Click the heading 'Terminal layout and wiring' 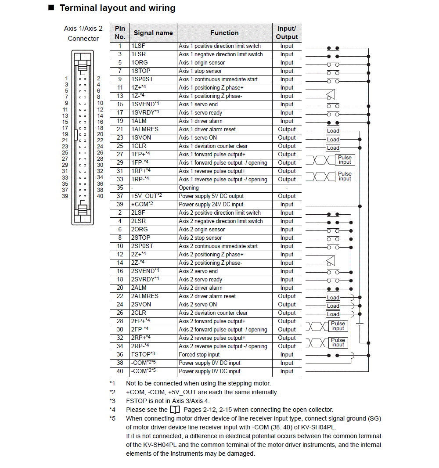pyautogui.click(x=117, y=8)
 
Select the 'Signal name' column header pyautogui.click(x=153, y=33)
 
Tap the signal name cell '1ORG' pyautogui.click(x=140, y=63)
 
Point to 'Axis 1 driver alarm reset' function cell pyautogui.click(x=207, y=130)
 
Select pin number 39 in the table pyautogui.click(x=120, y=205)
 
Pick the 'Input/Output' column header pyautogui.click(x=287, y=33)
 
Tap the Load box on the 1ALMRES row pyautogui.click(x=333, y=131)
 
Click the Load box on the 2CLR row pyautogui.click(x=333, y=314)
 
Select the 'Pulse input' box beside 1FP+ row pyautogui.click(x=345, y=160)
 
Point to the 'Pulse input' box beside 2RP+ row pyautogui.click(x=338, y=342)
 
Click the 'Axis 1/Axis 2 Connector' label pyautogui.click(x=83, y=33)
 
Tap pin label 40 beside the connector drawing pyautogui.click(x=100, y=196)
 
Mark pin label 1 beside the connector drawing pyautogui.click(x=67, y=79)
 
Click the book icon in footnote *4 pyautogui.click(x=174, y=410)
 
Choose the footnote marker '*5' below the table pyautogui.click(x=112, y=418)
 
